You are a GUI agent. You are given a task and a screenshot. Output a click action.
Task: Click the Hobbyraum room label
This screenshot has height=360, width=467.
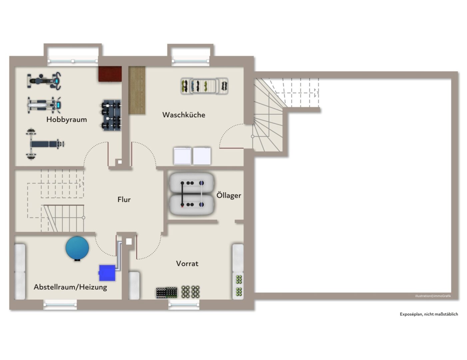click(x=67, y=120)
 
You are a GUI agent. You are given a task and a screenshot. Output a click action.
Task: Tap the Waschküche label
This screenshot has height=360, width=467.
click(x=184, y=115)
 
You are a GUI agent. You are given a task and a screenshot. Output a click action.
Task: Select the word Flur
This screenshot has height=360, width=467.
click(x=124, y=200)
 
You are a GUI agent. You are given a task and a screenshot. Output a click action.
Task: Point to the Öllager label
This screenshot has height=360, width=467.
click(x=229, y=195)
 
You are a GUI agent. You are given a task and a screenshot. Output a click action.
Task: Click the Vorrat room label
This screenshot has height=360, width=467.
click(x=187, y=264)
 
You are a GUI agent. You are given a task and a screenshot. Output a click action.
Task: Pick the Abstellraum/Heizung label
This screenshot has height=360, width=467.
click(x=71, y=287)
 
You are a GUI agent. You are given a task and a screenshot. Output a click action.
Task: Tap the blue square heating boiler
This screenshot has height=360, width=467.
click(x=107, y=273)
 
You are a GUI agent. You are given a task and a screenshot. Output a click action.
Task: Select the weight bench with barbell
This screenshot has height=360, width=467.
click(x=45, y=144)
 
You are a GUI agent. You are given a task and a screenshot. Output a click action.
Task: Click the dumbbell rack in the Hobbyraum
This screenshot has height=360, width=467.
click(x=111, y=115)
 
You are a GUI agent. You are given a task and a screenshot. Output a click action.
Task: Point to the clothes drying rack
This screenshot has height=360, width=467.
click(x=205, y=86)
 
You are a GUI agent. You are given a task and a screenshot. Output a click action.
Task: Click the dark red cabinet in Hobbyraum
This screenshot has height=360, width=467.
click(x=110, y=74)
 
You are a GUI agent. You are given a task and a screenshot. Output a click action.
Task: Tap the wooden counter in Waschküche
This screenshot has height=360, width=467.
click(x=137, y=90)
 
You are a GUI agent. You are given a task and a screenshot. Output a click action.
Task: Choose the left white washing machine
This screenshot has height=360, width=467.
click(x=182, y=156)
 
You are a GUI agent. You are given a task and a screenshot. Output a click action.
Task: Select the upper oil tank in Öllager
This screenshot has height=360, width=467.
click(x=192, y=183)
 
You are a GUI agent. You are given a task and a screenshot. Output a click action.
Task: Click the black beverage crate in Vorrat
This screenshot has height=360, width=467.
click(x=167, y=292)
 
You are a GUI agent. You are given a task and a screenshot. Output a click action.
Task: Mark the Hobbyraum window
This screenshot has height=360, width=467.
click(x=73, y=61)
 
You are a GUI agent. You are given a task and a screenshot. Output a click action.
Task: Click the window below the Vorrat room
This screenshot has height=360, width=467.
click(x=184, y=305)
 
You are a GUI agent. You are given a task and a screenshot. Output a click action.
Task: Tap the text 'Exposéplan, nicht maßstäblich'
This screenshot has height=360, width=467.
click(x=429, y=314)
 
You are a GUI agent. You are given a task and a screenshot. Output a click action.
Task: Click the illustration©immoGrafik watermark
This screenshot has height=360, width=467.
click(x=433, y=296)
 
